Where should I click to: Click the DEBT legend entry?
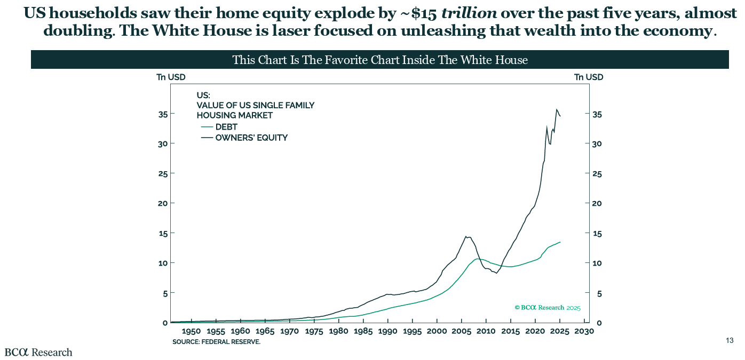226,127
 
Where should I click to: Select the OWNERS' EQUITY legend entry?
251,138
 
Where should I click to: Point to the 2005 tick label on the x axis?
461,332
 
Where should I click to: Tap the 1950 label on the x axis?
191,332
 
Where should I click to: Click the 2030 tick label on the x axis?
584,332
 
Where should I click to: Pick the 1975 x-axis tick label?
314,332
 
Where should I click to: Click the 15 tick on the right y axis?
598,233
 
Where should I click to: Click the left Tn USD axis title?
171,77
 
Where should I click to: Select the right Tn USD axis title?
589,77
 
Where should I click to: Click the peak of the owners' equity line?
557,109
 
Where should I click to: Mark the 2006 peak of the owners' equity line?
466,236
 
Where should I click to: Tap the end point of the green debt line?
560,242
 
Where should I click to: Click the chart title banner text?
380,60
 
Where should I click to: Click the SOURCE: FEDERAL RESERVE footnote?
216,342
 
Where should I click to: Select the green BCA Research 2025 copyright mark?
547,308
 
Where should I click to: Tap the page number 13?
730,341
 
